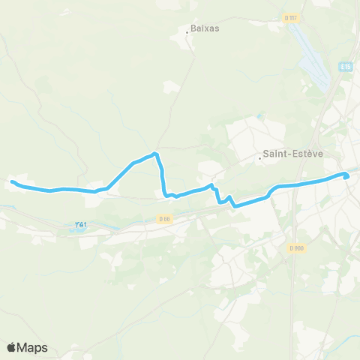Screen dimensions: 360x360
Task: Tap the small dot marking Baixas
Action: [187, 31]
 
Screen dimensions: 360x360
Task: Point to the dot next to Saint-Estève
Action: [259, 158]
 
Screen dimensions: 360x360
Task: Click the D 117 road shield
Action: [292, 17]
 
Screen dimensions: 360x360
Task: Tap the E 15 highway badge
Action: [346, 66]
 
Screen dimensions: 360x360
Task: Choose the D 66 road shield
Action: [164, 218]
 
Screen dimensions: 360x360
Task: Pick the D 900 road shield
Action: [297, 248]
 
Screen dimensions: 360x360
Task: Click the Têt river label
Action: [81, 223]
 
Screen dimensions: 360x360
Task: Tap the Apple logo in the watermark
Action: [12, 347]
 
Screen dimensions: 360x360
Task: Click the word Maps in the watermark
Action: [33, 347]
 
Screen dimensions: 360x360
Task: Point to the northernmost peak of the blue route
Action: [155, 154]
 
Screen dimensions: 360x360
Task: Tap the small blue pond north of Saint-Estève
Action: [260, 117]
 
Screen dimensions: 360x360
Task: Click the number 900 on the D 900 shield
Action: [299, 248]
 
